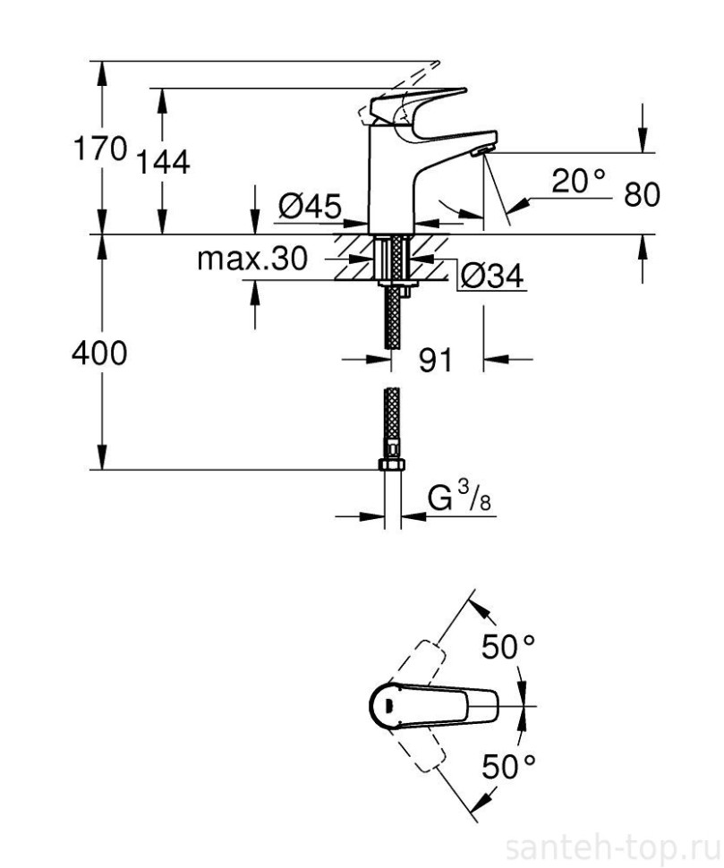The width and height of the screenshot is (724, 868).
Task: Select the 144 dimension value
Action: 164,162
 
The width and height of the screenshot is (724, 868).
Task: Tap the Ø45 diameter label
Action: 309,207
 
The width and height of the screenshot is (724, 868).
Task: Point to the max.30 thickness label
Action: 251,260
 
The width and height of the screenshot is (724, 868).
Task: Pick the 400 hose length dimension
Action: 99,353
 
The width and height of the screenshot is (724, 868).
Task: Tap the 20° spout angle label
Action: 577,182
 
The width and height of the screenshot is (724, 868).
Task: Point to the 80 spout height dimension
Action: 641,194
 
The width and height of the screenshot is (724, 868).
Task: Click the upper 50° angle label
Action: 507,646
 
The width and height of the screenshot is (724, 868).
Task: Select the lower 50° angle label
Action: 507,767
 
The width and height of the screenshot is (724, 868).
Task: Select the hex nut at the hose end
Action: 391,466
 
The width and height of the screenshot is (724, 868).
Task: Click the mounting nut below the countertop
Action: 393,285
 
